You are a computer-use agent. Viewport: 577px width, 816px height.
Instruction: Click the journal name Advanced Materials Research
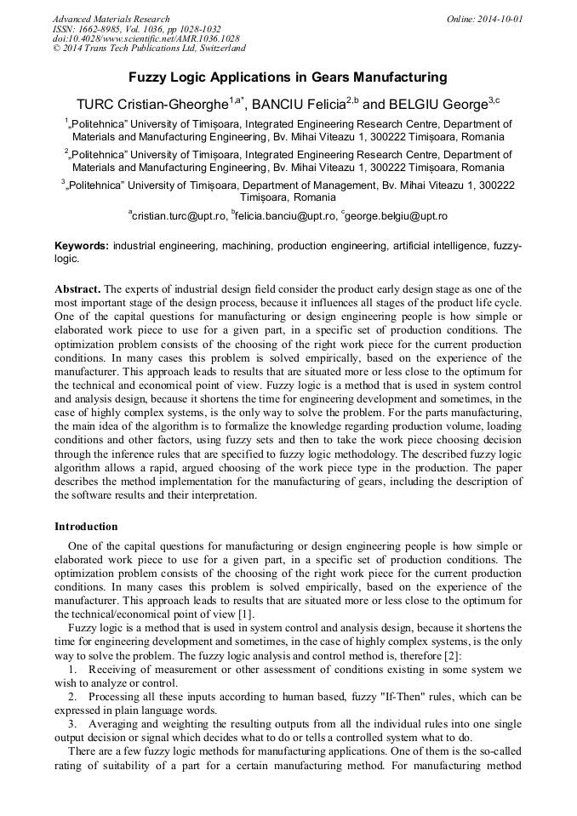click(x=111, y=19)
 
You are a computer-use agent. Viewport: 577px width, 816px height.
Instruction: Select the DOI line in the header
click(x=146, y=39)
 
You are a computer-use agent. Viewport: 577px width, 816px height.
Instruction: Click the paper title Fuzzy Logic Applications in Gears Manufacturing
click(x=288, y=77)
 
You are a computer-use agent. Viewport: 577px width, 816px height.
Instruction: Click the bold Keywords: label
click(x=82, y=246)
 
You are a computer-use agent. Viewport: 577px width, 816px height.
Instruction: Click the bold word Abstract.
click(x=78, y=289)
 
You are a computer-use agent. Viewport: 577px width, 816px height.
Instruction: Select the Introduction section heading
click(x=86, y=527)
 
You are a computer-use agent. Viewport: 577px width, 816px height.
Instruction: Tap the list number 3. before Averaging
click(x=73, y=723)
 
